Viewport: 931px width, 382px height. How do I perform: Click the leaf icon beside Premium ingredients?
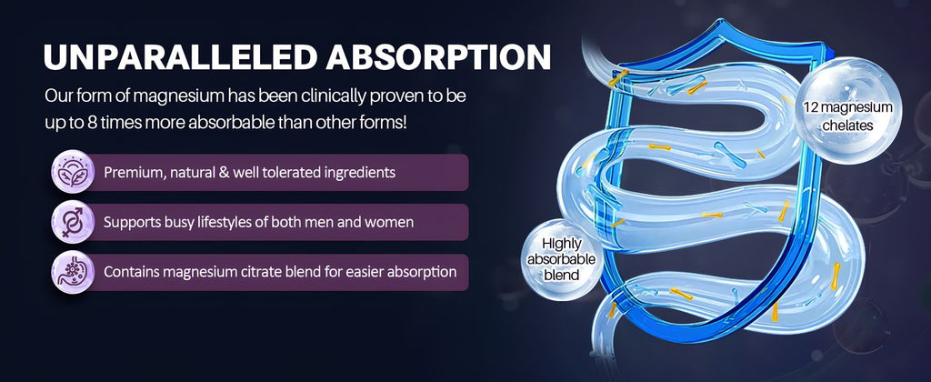point(73,172)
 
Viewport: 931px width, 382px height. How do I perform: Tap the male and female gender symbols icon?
point(73,222)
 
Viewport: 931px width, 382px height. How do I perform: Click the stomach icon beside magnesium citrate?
point(73,272)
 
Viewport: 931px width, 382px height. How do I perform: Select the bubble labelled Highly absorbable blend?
point(561,259)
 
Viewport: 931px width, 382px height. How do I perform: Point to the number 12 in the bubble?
point(812,107)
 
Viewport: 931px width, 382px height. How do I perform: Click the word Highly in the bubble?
point(561,244)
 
